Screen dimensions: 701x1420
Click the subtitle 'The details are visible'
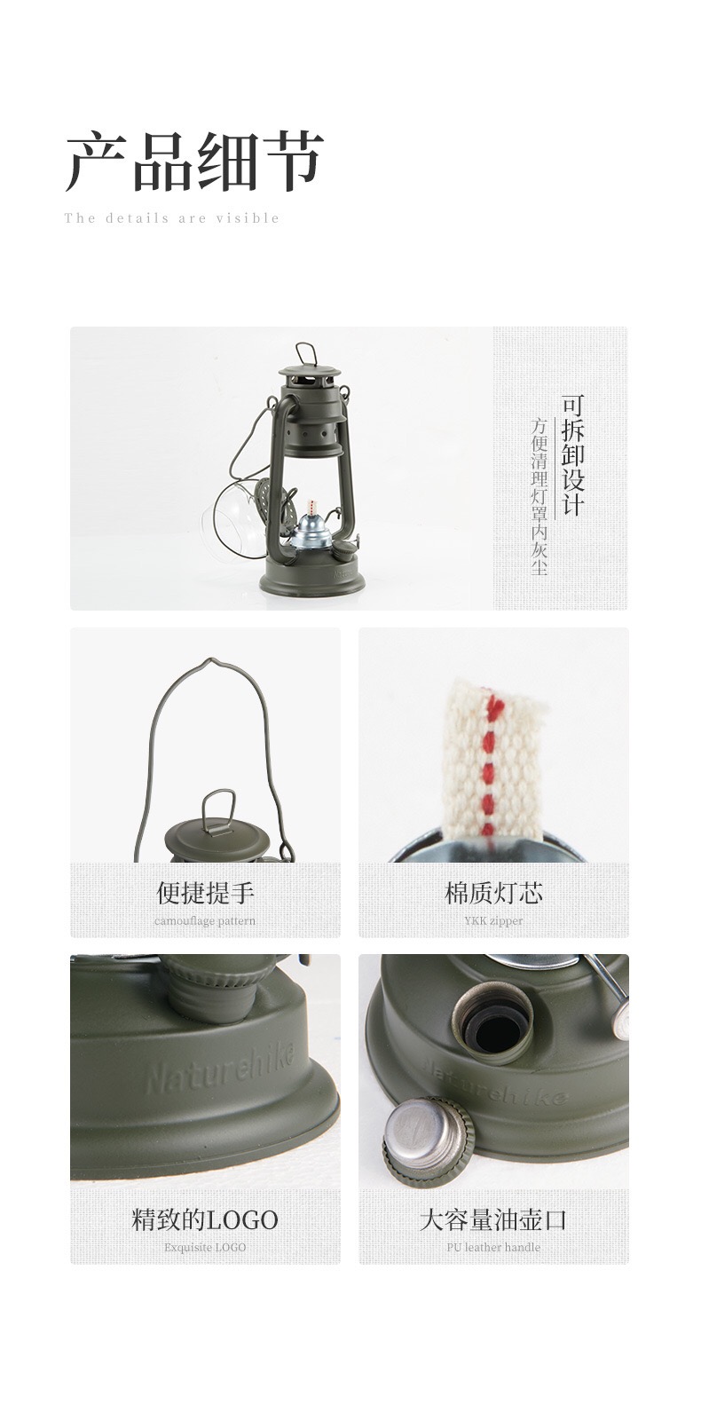tap(172, 218)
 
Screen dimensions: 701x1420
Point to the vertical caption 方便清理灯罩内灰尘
tap(539, 495)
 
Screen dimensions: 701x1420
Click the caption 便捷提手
tap(205, 893)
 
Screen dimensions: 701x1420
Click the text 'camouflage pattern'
tap(205, 920)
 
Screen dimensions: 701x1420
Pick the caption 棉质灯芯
tap(493, 893)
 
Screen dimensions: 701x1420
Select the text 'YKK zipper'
tap(493, 920)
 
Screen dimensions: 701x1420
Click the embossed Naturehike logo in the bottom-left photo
tap(222, 1066)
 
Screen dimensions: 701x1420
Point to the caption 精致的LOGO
tap(205, 1220)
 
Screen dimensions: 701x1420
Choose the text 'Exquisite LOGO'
tap(205, 1247)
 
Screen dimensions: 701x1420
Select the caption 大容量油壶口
tap(493, 1220)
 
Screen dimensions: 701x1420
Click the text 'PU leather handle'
tap(493, 1247)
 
